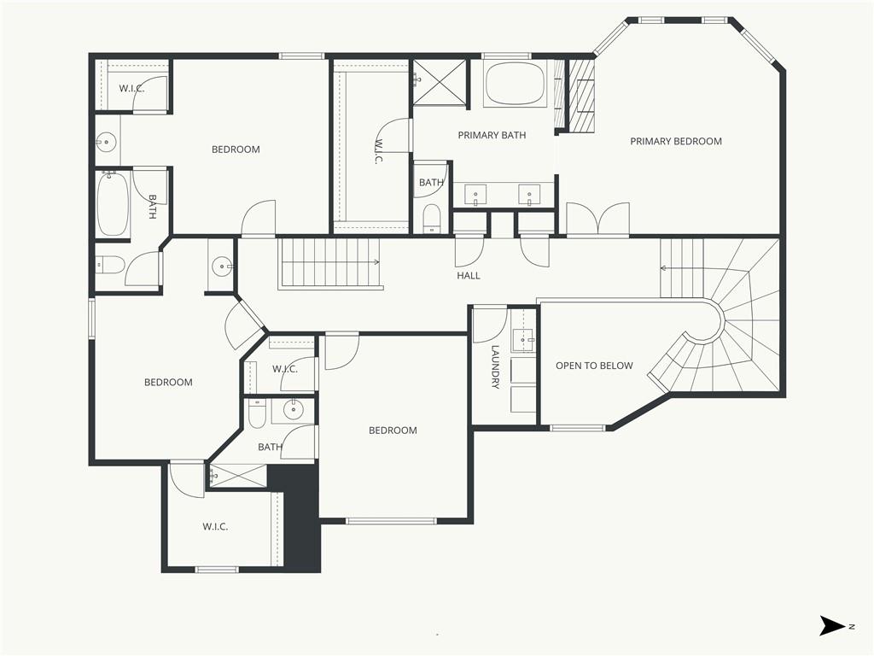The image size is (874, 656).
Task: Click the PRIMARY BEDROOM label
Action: coord(676,141)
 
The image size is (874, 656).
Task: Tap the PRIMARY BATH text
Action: coord(492,135)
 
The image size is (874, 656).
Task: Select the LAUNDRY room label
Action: coord(495,366)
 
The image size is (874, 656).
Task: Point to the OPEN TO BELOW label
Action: coord(594,366)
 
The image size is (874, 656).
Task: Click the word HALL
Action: coord(469,276)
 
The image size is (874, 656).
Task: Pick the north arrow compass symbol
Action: coord(831,625)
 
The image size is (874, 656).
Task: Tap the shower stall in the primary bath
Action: coord(439,81)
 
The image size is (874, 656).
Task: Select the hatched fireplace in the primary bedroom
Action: coord(580,96)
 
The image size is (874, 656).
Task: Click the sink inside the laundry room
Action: coord(523,338)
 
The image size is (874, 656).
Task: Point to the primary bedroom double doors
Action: coord(597,219)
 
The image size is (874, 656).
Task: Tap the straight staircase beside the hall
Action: coord(330,263)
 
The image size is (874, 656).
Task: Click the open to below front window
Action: coord(578,429)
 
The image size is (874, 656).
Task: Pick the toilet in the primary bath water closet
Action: coord(431,218)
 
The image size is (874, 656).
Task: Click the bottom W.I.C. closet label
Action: coord(215,526)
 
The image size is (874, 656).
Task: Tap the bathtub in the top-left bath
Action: coord(114,203)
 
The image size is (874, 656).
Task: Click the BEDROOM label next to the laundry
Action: coord(393,430)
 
